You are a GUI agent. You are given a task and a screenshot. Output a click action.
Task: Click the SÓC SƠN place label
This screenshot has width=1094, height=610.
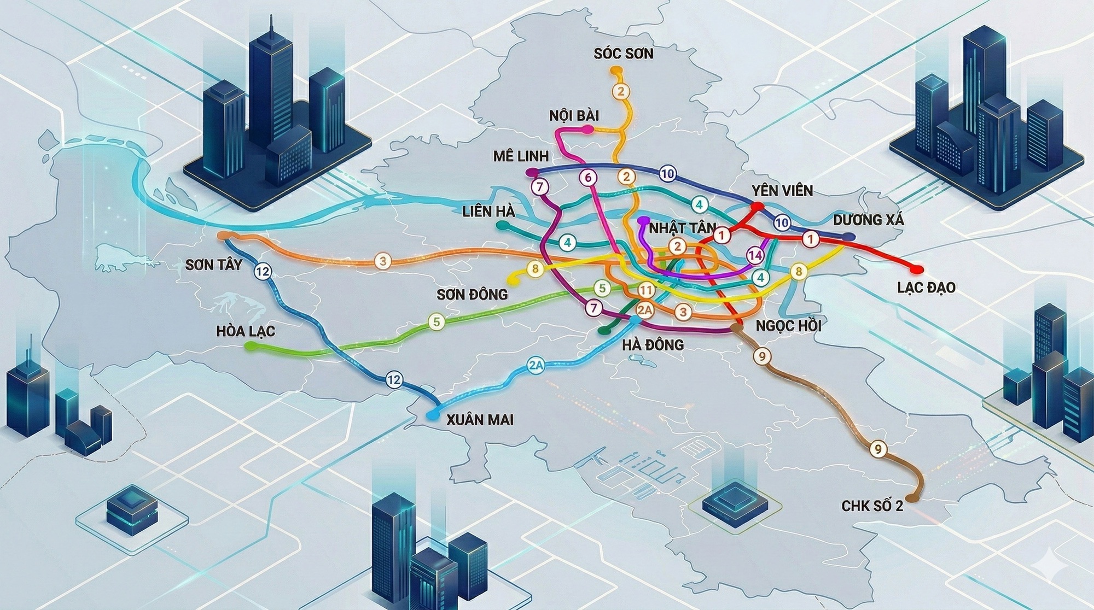(x=623, y=54)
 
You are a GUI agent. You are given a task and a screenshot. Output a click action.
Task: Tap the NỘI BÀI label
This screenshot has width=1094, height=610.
(x=574, y=116)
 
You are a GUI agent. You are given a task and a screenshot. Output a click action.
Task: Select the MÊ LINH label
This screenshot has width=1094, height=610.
(x=520, y=156)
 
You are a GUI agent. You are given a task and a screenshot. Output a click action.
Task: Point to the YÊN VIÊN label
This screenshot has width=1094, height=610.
(x=782, y=191)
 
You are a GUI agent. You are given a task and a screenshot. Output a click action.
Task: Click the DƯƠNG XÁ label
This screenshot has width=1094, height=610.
(x=868, y=220)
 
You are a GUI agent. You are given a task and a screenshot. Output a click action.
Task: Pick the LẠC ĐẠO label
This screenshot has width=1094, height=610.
(x=926, y=288)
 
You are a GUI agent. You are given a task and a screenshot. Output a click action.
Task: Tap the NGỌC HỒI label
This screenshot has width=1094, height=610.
(x=788, y=325)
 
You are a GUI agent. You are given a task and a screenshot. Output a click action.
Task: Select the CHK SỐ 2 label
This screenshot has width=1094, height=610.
(x=872, y=506)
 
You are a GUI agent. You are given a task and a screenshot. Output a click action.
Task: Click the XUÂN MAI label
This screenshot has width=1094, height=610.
(x=480, y=420)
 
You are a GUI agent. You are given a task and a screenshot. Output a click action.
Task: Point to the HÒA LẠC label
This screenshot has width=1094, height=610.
(x=245, y=331)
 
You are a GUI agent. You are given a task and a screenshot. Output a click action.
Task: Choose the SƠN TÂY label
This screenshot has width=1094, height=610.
(x=213, y=266)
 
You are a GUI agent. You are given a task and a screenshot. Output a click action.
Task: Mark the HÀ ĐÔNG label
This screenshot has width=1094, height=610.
(x=653, y=345)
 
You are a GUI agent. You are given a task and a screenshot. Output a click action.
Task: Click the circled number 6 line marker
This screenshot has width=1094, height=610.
(x=589, y=178)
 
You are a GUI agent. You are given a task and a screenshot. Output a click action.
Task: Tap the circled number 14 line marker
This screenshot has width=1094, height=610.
(x=755, y=255)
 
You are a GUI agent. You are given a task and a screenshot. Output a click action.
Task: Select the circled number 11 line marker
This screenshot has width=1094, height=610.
(x=645, y=291)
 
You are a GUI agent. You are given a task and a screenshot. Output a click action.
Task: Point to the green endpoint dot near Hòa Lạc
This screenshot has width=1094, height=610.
(x=249, y=347)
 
